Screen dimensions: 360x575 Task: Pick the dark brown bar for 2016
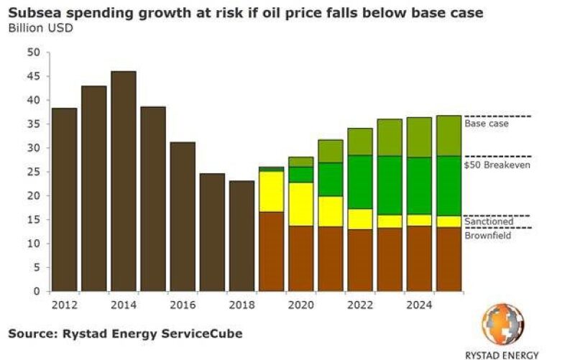click(x=183, y=216)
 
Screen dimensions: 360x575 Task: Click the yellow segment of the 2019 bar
click(x=271, y=192)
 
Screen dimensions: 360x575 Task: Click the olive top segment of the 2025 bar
click(x=448, y=136)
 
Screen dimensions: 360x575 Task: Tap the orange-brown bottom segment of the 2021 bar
click(x=331, y=259)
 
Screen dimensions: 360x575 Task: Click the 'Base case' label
click(x=486, y=124)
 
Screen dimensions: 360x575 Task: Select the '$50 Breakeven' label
click(x=494, y=165)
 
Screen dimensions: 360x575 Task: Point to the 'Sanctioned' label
click(x=488, y=222)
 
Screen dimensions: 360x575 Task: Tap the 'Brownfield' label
click(x=488, y=235)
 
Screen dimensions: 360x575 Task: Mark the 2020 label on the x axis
click(x=300, y=304)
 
